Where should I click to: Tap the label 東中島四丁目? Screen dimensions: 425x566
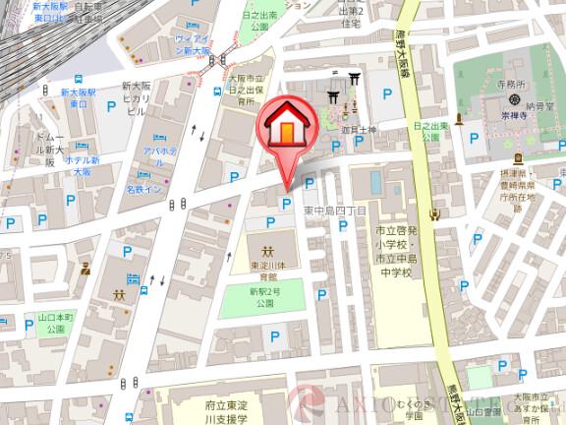point(333,210)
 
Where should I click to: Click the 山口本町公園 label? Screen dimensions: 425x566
point(28,325)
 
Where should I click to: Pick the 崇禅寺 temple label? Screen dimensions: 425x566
point(513,129)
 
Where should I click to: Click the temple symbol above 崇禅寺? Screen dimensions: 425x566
point(513,113)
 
